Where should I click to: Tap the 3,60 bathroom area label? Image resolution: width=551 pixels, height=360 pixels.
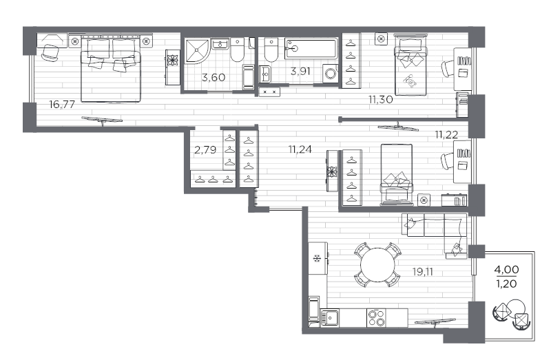(x=214, y=77)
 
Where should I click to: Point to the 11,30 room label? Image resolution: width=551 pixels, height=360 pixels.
(x=380, y=100)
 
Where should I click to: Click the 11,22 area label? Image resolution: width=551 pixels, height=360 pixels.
(x=446, y=134)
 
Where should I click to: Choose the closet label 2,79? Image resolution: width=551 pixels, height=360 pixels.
(x=205, y=149)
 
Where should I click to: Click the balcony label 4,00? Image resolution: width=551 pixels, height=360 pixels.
(x=507, y=269)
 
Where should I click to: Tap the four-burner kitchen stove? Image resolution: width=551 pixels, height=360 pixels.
(x=376, y=317)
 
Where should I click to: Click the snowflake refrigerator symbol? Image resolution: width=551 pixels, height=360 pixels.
(x=318, y=259)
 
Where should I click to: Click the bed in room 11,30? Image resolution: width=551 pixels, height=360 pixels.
(x=410, y=63)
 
